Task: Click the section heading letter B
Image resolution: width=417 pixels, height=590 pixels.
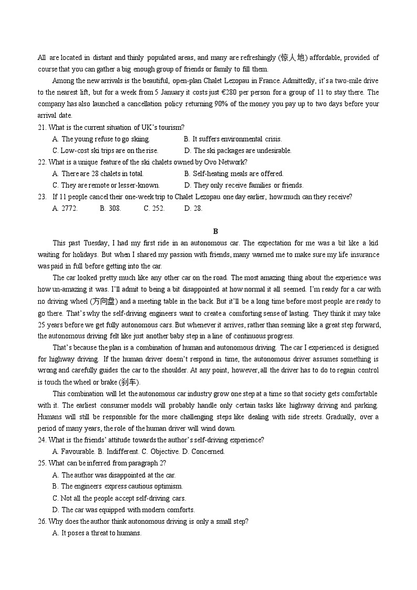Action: point(215,231)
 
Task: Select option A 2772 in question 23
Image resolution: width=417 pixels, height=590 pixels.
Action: point(65,208)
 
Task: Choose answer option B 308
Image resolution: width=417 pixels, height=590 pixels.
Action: point(110,208)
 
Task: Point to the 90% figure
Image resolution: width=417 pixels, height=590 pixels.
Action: point(221,104)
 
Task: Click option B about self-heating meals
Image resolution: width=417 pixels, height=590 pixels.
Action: point(234,174)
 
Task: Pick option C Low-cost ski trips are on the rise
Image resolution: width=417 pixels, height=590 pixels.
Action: point(105,150)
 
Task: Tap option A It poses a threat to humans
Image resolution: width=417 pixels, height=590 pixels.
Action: point(97,533)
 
